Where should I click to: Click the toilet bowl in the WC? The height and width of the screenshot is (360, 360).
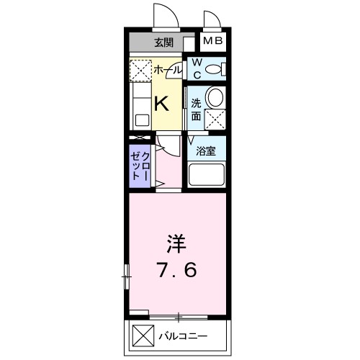213,70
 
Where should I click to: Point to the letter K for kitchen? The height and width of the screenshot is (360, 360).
162,103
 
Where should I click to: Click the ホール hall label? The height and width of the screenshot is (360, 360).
166,71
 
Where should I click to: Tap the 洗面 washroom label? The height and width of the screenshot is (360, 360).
196,107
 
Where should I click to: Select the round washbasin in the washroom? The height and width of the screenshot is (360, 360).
214,96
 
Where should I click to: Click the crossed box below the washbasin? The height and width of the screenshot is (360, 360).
215,120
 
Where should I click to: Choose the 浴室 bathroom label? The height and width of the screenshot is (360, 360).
207,151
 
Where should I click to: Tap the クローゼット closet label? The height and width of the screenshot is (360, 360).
140,166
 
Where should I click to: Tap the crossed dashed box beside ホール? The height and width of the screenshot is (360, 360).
139,71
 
